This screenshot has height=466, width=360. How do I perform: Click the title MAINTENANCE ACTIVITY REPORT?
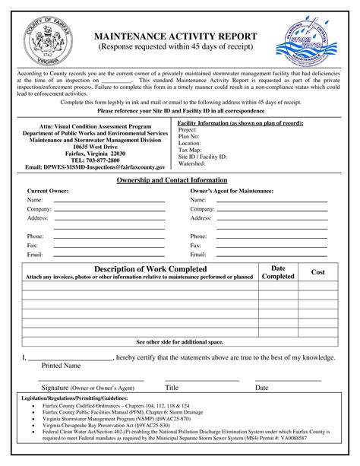click(x=180, y=36)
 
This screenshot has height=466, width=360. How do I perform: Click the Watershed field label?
click(x=192, y=163)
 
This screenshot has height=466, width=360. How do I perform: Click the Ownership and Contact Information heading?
click(x=179, y=179)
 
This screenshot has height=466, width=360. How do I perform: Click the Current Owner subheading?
click(x=49, y=191)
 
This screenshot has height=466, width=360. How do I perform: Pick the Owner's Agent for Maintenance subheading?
click(x=232, y=191)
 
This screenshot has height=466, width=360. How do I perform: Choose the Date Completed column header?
click(x=278, y=272)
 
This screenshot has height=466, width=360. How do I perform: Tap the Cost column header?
click(x=318, y=272)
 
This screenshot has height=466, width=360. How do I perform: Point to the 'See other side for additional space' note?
click(x=179, y=343)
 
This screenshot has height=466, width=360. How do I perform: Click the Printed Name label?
click(x=60, y=366)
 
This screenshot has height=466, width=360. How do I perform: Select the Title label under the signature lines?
click(x=172, y=388)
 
